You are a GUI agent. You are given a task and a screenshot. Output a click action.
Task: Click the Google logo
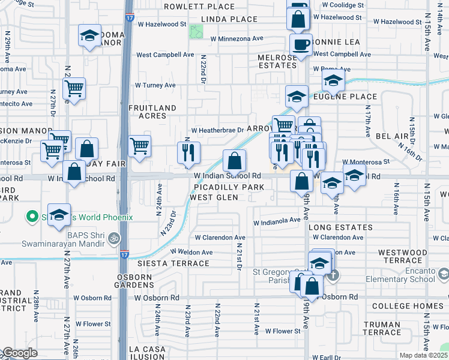(19, 353)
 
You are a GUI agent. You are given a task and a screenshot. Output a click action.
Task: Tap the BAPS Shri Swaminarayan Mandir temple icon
(113, 239)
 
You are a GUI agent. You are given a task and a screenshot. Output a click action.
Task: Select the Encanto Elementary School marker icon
(443, 274)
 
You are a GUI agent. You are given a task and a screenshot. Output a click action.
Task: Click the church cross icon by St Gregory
(334, 275)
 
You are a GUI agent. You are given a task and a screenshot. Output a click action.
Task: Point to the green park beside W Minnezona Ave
(196, 32)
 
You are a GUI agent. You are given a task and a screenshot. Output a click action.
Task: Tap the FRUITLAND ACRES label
(153, 112)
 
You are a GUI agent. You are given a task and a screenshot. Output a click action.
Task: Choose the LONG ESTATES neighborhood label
(340, 228)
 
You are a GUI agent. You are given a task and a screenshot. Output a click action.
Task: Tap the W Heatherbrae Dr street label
(217, 130)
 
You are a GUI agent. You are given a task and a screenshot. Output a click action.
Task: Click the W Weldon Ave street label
(191, 252)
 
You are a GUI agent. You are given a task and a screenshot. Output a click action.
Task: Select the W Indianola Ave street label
(276, 220)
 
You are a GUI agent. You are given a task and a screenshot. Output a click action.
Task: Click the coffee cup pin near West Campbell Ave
(301, 44)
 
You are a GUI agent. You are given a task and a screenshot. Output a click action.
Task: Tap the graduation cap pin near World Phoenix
(59, 216)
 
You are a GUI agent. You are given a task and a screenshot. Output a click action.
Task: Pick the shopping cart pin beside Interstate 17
(139, 146)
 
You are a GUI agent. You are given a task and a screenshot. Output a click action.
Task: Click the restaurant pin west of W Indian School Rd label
(188, 152)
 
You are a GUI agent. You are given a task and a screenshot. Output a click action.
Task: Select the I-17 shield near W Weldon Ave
(124, 254)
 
